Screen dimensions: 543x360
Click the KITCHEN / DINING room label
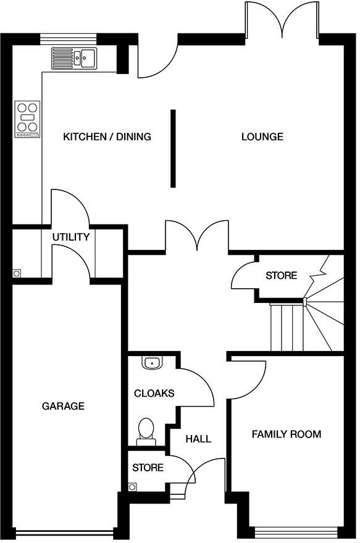tap(107, 137)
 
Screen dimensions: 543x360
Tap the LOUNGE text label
tap(262, 137)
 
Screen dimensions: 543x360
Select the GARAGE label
tap(63, 406)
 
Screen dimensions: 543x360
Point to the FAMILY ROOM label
tap(286, 434)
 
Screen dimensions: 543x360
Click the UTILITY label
tap(70, 237)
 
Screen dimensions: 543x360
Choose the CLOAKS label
tap(154, 393)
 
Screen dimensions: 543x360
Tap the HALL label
tap(198, 439)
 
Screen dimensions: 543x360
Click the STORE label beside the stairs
tap(281, 275)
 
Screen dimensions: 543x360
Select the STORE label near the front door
tap(148, 468)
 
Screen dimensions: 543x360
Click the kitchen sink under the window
tap(73, 57)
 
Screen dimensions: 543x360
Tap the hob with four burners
tap(27, 118)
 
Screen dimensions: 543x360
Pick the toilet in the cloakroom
tap(146, 430)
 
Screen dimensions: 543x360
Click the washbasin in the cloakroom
tap(151, 362)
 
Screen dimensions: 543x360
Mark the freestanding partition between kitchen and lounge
tap(174, 149)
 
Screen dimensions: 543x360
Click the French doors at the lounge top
tap(282, 19)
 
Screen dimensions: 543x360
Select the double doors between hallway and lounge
tap(197, 238)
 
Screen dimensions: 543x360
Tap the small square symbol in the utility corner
tap(17, 272)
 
